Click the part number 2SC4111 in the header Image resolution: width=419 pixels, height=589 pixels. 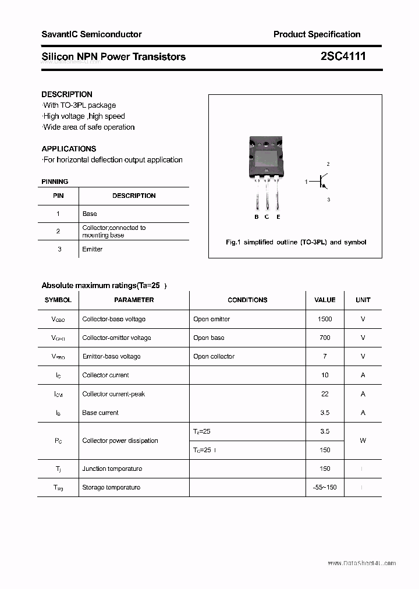click(343, 56)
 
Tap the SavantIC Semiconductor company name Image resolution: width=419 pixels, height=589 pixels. click(91, 34)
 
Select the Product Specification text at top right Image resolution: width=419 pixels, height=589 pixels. click(317, 34)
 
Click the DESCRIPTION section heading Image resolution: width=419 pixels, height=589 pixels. click(67, 94)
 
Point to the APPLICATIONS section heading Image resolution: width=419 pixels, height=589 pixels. click(69, 148)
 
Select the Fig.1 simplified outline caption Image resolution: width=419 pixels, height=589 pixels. click(296, 242)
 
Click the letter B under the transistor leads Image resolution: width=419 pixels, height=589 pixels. click(257, 217)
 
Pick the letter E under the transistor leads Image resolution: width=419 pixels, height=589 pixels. click(278, 217)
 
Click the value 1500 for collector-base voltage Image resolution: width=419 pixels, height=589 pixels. click(325, 319)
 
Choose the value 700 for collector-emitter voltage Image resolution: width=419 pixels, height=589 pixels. click(325, 338)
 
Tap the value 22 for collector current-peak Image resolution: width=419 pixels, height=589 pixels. click(325, 394)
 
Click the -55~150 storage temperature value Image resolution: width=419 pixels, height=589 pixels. click(325, 487)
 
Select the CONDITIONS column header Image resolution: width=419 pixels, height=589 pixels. click(247, 300)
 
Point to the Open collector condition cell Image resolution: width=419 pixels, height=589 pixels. click(214, 356)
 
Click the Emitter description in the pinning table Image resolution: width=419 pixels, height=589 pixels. click(93, 249)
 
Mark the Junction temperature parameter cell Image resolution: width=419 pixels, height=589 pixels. click(112, 469)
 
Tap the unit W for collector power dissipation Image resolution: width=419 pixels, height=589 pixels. click(363, 441)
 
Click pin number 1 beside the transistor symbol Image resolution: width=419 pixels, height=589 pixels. click(306, 182)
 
